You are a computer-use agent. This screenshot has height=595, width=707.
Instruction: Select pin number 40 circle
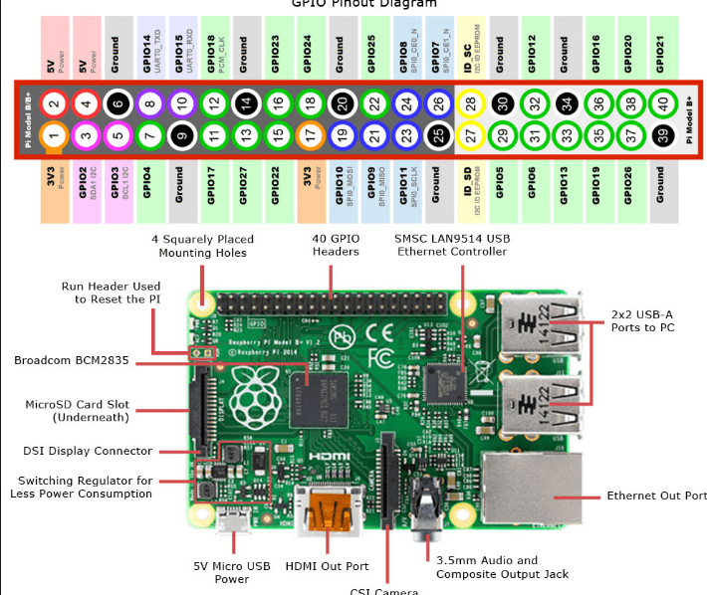point(659,102)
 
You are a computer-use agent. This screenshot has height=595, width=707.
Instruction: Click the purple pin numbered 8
point(149,102)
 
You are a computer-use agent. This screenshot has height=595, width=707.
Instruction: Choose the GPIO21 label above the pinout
point(659,45)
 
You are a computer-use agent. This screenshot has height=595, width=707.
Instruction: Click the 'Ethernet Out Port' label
point(656,496)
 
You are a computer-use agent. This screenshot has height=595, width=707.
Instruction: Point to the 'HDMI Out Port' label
point(328,566)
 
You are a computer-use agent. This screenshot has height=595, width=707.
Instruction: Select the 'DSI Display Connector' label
point(89,451)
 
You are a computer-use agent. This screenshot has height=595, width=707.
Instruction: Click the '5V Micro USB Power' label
point(232,572)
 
